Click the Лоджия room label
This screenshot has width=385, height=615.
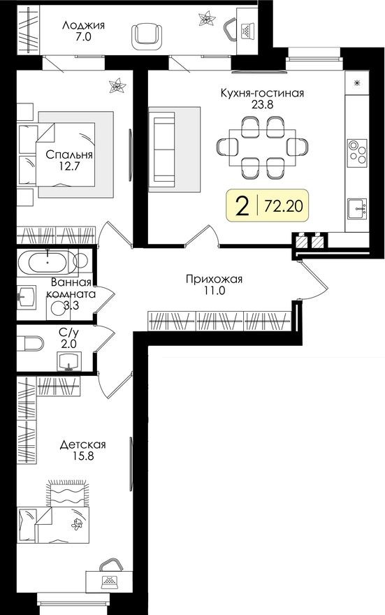click(83, 25)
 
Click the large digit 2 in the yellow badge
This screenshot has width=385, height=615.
click(242, 206)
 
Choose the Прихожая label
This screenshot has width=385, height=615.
click(214, 280)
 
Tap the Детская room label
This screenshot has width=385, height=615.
click(82, 444)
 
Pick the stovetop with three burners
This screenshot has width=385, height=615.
click(358, 152)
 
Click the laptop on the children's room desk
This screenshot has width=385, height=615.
click(108, 579)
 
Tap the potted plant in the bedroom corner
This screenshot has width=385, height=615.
click(115, 87)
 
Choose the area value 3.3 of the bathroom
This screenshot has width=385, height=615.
click(70, 305)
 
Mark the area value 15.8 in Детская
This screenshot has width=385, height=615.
click(82, 458)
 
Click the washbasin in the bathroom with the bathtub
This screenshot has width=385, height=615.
click(28, 297)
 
